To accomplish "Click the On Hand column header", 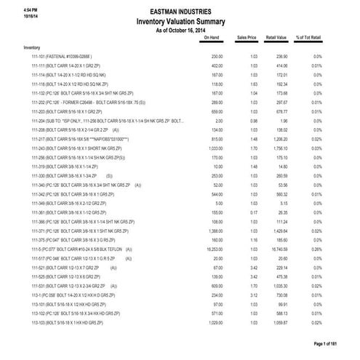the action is [x=212, y=36].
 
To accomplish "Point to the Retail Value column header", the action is [x=280, y=36].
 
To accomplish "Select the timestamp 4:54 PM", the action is [x=12, y=7].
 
